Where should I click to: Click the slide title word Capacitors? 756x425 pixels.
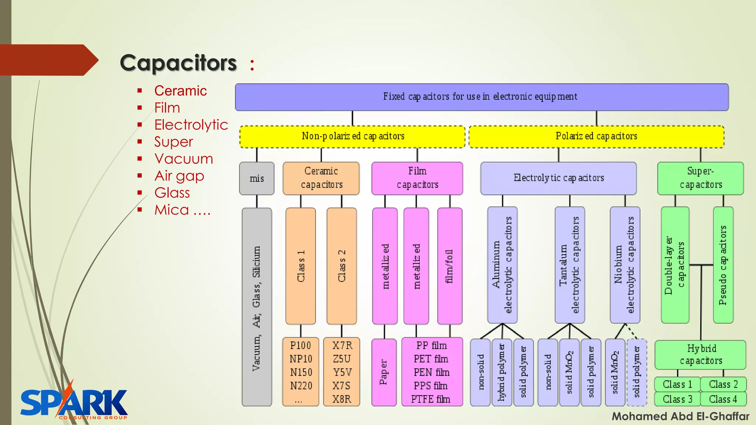coord(178,63)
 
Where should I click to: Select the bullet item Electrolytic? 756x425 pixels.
coord(191,125)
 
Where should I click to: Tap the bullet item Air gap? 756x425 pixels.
coord(179,176)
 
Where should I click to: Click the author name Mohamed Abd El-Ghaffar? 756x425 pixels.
coord(680,417)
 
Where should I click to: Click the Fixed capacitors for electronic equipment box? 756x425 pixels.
coord(481,97)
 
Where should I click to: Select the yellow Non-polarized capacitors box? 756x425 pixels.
coord(352,137)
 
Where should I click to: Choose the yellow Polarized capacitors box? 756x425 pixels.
coord(596,137)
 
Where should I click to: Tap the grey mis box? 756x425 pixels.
coord(257,179)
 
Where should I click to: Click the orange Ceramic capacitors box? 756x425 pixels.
coord(321,178)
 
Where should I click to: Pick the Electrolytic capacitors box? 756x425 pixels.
coord(558,178)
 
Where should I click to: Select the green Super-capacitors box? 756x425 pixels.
coord(700,178)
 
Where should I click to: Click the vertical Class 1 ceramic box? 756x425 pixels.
coord(300,266)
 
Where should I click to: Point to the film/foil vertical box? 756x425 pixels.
coord(450,266)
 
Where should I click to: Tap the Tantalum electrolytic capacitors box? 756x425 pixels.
coord(570,265)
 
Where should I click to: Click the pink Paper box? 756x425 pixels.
coord(384,372)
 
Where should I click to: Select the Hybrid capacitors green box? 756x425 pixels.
coord(700,355)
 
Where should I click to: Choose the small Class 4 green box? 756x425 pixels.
coord(723,399)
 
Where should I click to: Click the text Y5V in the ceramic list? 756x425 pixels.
coord(342,372)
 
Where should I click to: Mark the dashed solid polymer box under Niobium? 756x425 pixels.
coord(637,372)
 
